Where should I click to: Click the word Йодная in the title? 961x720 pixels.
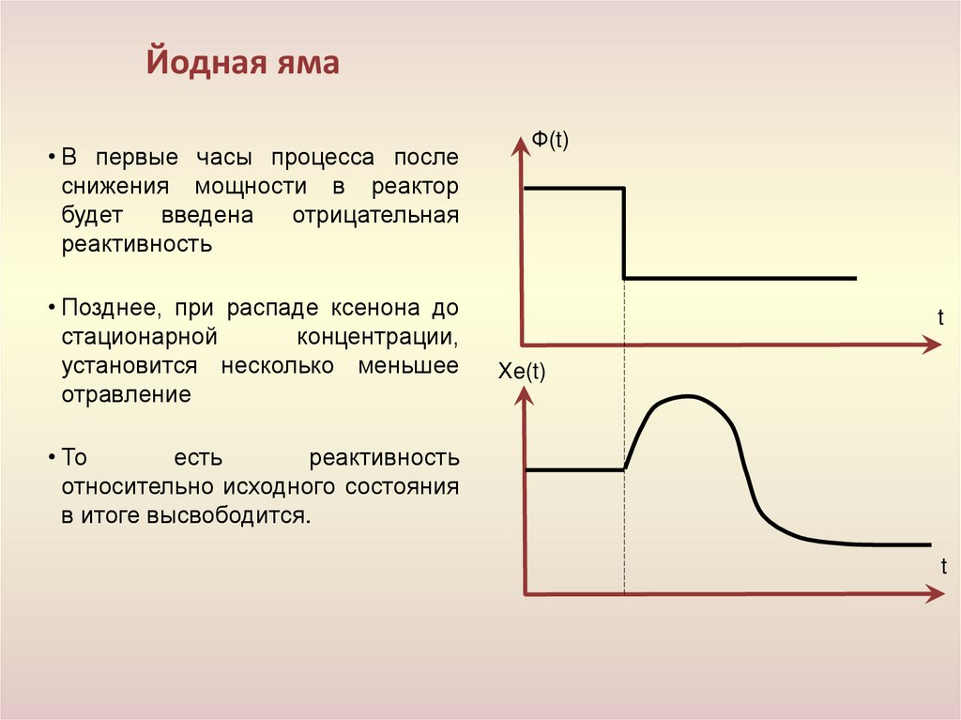click(x=196, y=65)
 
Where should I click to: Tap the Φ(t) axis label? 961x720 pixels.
click(x=551, y=141)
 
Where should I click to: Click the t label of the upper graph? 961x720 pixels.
click(x=939, y=317)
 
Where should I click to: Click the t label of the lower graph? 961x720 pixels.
click(x=942, y=566)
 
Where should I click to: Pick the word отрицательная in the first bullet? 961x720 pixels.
click(x=374, y=216)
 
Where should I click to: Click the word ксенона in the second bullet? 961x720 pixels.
click(x=368, y=307)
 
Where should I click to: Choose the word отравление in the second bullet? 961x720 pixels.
click(x=127, y=394)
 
